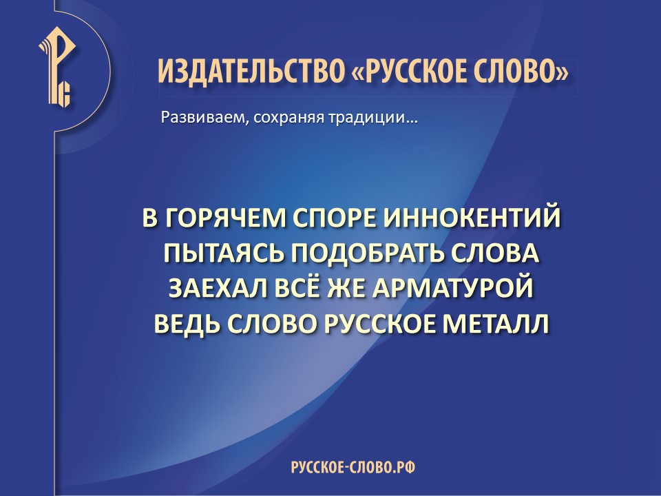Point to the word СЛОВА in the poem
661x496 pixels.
pos(490,254)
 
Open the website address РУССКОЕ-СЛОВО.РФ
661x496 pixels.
pos(353,467)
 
